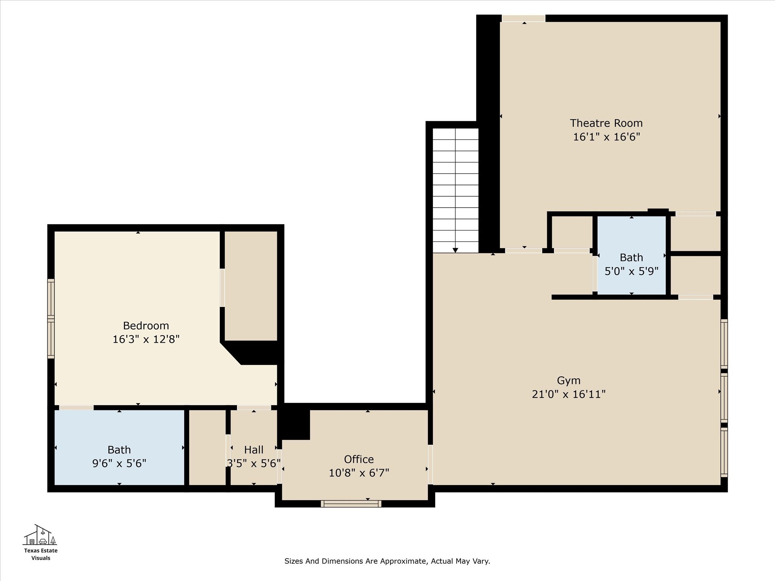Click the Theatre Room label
pos(606,123)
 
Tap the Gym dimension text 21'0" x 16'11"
pos(568,394)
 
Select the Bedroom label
pos(146,325)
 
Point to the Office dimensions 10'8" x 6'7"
pos(359,473)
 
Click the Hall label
pos(254,450)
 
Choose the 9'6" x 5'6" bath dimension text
pos(119,463)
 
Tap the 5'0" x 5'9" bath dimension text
pos(631,271)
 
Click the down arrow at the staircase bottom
pos(455,250)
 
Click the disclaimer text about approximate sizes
pos(387,561)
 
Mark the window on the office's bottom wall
pos(351,503)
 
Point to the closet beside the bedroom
pos(251,286)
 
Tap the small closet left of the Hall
pos(207,447)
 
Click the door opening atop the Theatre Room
pos(523,19)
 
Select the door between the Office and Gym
pos(430,464)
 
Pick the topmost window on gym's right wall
pos(724,343)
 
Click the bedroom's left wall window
pos(51,318)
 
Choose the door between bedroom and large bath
pos(76,407)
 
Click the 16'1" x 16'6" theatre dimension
pos(606,137)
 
